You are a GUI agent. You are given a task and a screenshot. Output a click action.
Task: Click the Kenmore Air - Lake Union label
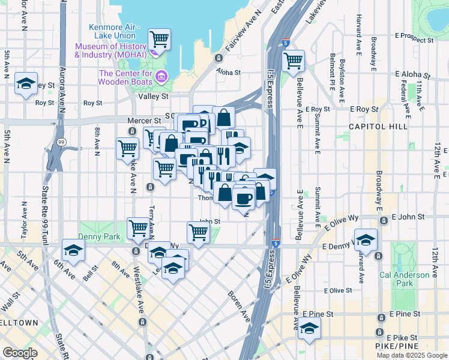(114, 31)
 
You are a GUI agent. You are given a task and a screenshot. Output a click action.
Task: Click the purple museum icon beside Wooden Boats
(161, 76)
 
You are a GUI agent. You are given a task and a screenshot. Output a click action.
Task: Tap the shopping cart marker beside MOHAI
(159, 40)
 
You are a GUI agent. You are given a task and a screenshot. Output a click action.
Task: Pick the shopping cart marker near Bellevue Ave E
(293, 60)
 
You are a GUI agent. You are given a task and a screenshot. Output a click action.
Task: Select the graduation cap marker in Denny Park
(73, 251)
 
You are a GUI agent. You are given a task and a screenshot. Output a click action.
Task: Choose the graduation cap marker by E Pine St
(310, 328)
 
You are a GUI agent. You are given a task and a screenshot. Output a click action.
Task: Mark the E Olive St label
(337, 290)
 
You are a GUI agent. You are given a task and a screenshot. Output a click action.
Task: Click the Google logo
(20, 353)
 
